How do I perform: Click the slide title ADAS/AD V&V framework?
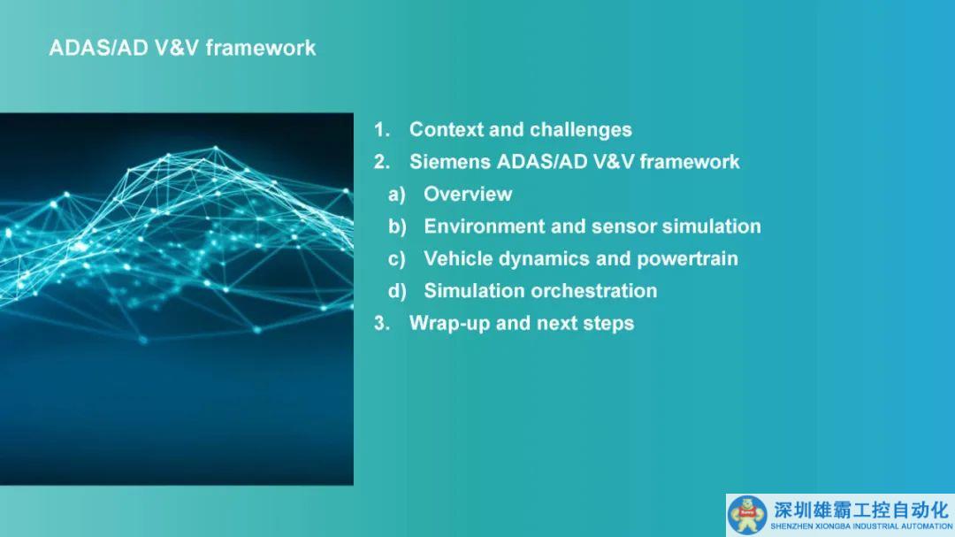click(182, 48)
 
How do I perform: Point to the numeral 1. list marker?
click(381, 129)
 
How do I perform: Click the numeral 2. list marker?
click(381, 162)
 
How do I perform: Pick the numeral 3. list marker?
click(381, 323)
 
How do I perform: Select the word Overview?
click(468, 194)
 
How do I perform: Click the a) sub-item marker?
click(396, 195)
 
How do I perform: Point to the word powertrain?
click(687, 259)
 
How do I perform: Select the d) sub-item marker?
click(397, 291)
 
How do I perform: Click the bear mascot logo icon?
click(747, 515)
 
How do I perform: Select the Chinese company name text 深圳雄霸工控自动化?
click(861, 510)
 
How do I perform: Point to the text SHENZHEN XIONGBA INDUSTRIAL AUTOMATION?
click(861, 526)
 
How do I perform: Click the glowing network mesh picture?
click(177, 299)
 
